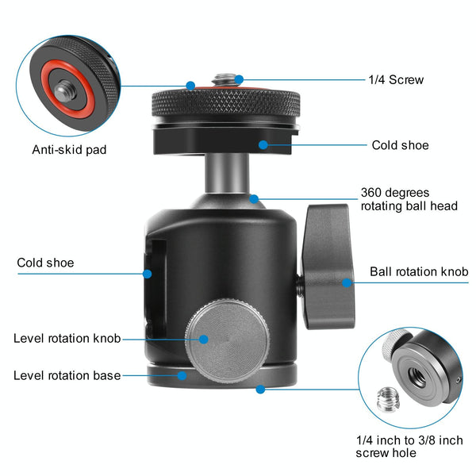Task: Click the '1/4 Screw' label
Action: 396,80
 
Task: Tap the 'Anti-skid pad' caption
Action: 69,150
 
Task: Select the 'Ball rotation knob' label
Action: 419,271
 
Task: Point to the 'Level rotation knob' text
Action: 67,338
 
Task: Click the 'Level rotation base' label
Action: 67,375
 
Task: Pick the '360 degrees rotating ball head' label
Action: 409,199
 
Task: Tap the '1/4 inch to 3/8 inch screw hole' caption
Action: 409,446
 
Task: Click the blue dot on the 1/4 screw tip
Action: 239,79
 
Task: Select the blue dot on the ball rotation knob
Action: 347,283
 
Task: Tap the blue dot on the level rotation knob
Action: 203,340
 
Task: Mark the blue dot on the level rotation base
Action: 182,376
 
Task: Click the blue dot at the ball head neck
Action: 254,199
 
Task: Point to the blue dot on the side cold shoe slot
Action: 148,274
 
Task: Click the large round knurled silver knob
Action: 227,340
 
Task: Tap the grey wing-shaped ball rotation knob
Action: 328,267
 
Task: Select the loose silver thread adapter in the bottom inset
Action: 388,400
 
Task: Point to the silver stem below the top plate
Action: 227,173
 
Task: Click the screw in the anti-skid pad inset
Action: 65,90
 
